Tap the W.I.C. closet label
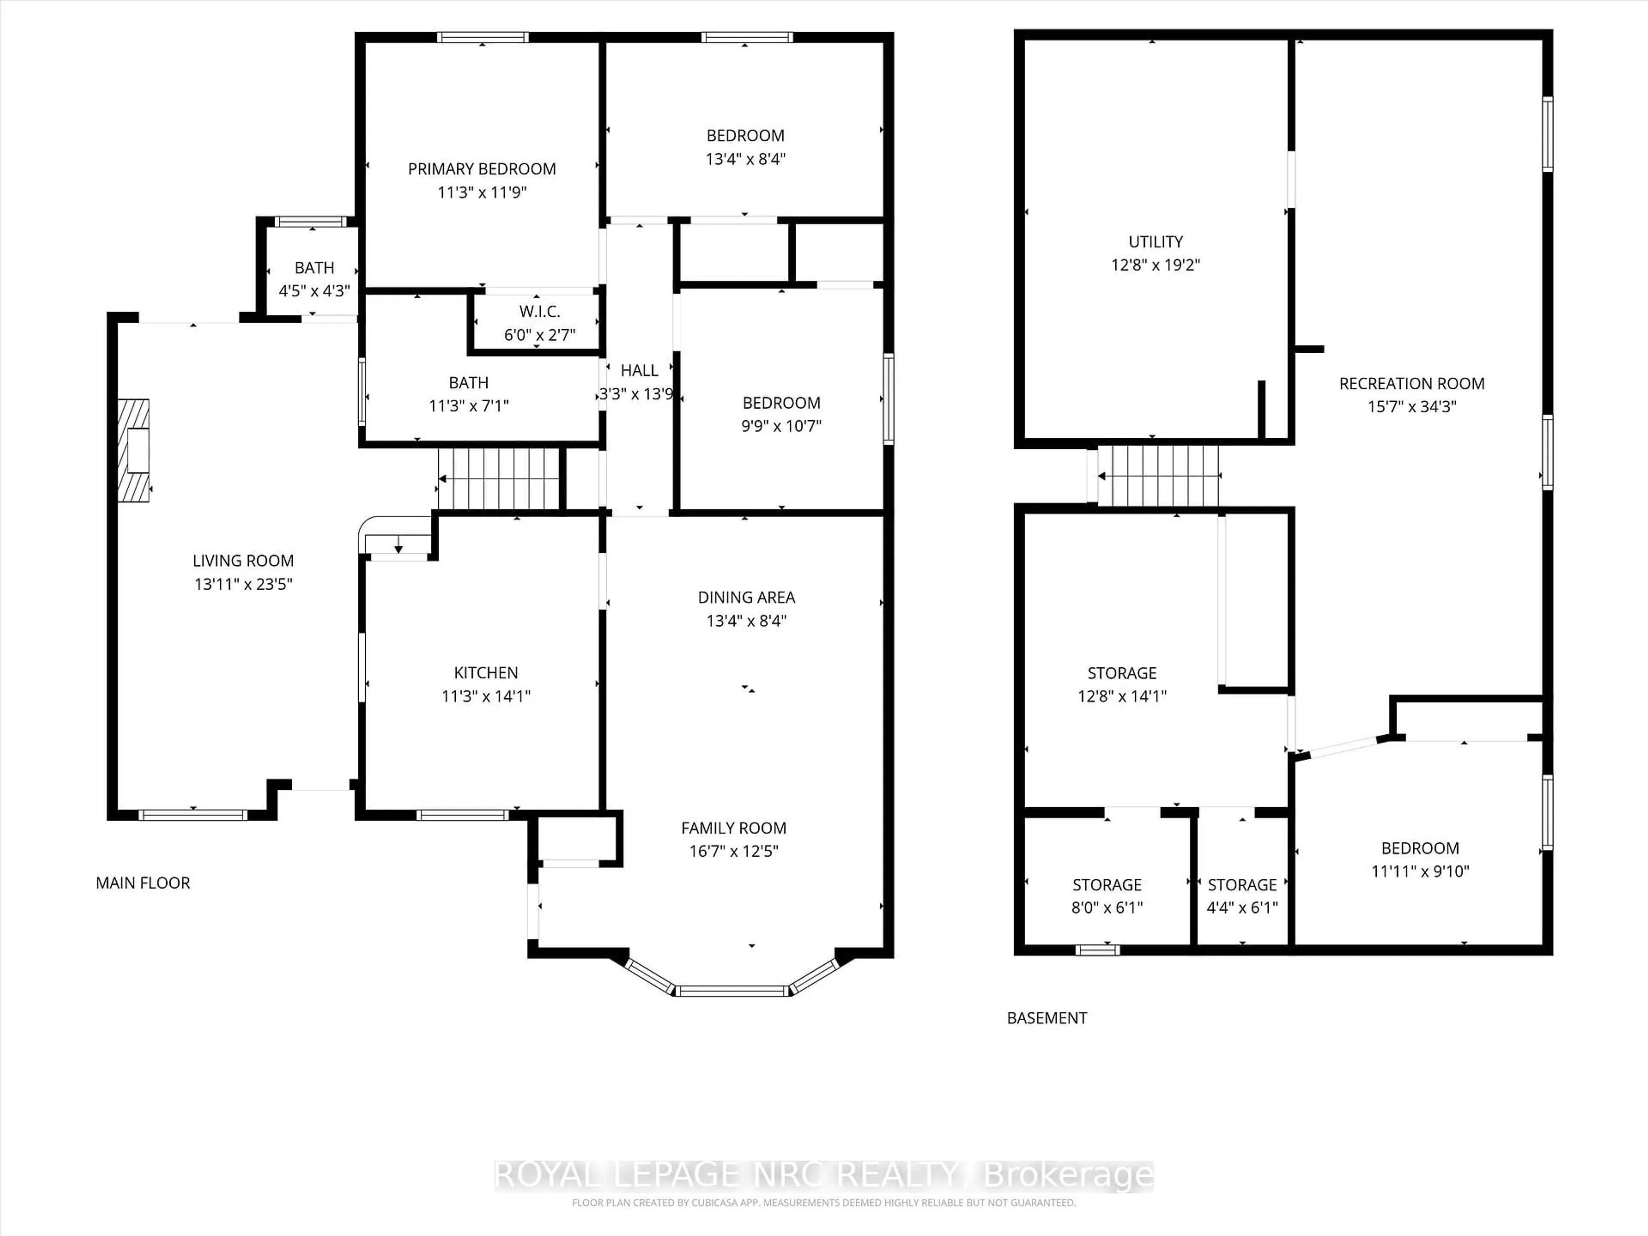(x=539, y=312)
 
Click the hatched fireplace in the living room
(x=134, y=450)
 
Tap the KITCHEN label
(x=486, y=673)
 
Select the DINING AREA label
(x=746, y=597)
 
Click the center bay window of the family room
(x=732, y=990)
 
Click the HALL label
(x=639, y=370)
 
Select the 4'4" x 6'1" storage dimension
(x=1242, y=907)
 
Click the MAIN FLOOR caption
(x=143, y=883)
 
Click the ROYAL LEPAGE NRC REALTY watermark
(x=823, y=1175)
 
